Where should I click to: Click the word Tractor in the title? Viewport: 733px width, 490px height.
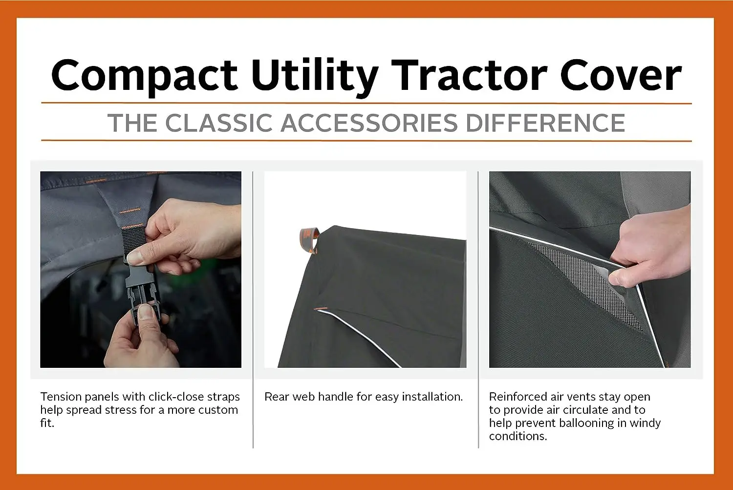pos(469,75)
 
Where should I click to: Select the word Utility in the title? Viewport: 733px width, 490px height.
pos(315,77)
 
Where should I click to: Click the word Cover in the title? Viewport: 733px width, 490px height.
pos(621,75)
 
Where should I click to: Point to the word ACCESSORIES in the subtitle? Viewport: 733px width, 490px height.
pos(369,123)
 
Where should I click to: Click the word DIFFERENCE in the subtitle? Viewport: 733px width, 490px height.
pos(545,123)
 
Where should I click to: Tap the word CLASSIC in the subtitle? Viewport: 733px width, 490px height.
pos(219,123)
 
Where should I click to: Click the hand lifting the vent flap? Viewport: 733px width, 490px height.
pos(651,249)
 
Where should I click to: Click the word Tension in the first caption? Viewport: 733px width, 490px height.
pos(61,397)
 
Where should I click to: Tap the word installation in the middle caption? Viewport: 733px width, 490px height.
pos(432,397)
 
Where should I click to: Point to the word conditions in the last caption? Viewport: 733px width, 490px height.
pos(517,436)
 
